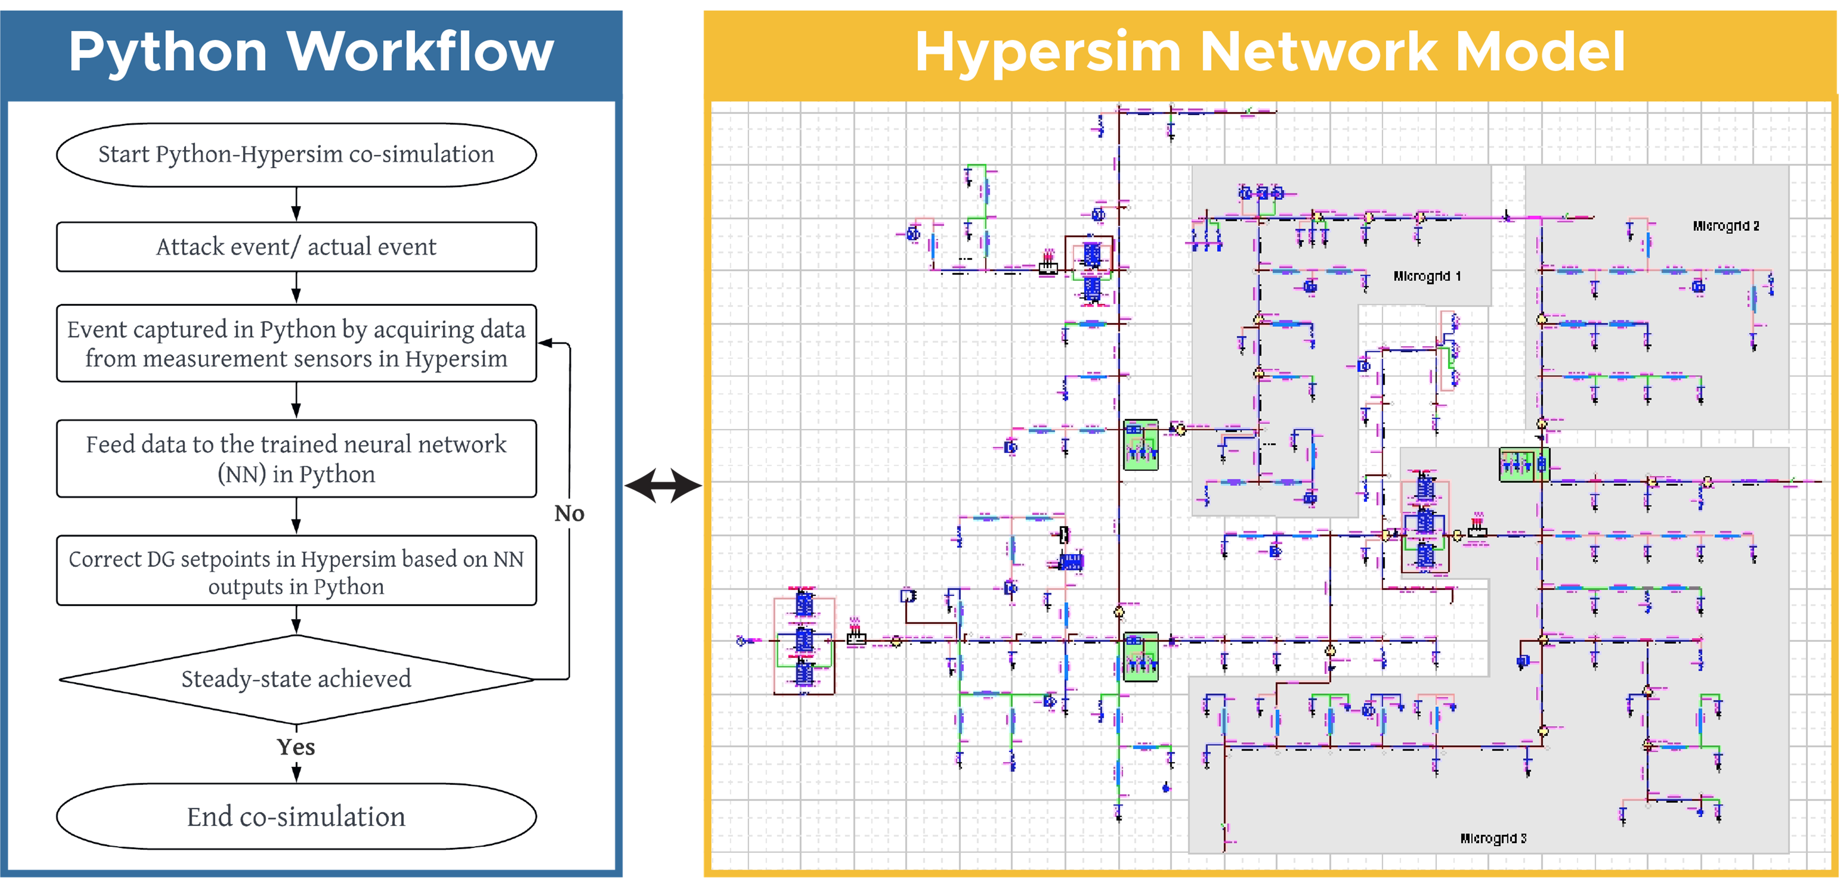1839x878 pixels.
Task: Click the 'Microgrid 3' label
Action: [1493, 838]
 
